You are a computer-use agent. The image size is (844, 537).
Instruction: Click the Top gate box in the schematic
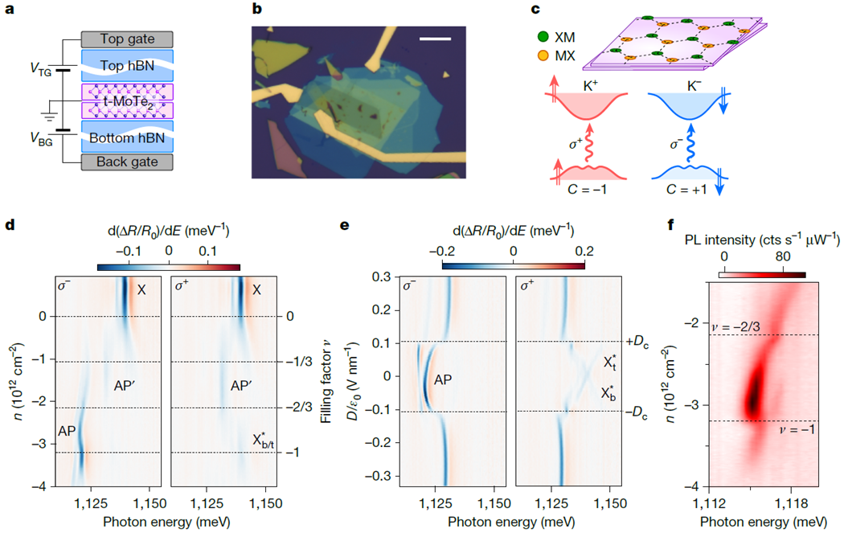pyautogui.click(x=127, y=39)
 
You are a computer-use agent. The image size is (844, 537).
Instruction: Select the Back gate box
pyautogui.click(x=127, y=162)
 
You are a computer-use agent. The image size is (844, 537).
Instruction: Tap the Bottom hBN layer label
pyautogui.click(x=127, y=138)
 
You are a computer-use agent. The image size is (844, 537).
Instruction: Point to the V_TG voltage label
pyautogui.click(x=41, y=69)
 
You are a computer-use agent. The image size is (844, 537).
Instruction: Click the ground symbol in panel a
pyautogui.click(x=50, y=117)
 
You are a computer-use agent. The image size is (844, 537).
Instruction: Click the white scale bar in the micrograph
pyautogui.click(x=435, y=39)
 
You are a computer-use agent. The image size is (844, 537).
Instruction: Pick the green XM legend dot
pyautogui.click(x=543, y=37)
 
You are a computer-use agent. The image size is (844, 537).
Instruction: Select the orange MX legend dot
pyautogui.click(x=543, y=55)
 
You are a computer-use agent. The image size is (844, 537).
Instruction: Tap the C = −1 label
pyautogui.click(x=587, y=190)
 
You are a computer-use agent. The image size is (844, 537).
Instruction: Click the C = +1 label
pyautogui.click(x=686, y=190)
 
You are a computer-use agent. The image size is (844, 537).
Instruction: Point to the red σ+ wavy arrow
pyautogui.click(x=589, y=142)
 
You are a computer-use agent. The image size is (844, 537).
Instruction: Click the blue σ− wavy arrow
pyautogui.click(x=690, y=142)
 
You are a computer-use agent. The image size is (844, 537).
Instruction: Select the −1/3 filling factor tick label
pyautogui.click(x=299, y=362)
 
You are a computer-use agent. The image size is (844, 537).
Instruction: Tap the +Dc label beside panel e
pyautogui.click(x=637, y=342)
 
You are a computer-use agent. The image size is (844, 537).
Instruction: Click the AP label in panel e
pyautogui.click(x=442, y=380)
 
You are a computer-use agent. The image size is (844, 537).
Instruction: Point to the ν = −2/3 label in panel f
pyautogui.click(x=735, y=327)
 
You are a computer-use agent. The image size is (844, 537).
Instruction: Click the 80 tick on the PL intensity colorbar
pyautogui.click(x=783, y=256)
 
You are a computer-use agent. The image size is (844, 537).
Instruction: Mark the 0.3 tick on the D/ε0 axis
pyautogui.click(x=381, y=277)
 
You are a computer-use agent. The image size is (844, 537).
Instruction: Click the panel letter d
pyautogui.click(x=10, y=225)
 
